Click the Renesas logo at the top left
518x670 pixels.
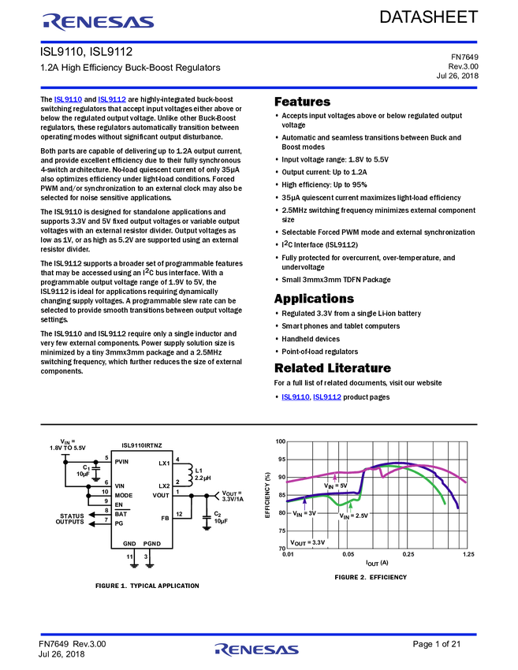coord(99,22)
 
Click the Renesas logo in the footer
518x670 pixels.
coord(257,650)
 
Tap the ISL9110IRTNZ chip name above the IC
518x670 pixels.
coord(142,445)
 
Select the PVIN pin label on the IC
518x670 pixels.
coord(122,461)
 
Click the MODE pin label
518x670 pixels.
coord(124,495)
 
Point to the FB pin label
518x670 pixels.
coord(165,518)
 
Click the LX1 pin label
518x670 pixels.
coord(164,463)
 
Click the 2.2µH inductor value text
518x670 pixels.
coord(203,478)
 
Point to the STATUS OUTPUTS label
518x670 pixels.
coord(70,519)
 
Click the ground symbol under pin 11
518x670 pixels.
coord(134,564)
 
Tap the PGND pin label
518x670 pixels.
coord(152,544)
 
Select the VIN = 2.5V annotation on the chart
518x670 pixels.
coord(354,516)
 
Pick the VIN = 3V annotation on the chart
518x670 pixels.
coord(304,513)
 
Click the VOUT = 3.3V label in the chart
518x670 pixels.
coord(307,542)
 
